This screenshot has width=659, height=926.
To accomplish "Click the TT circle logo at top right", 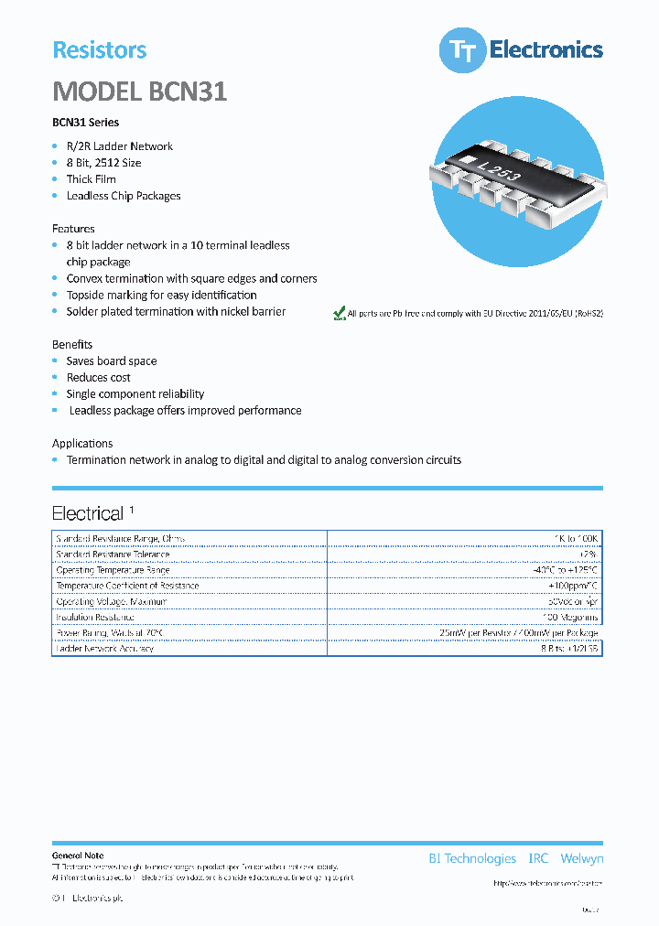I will point(462,50).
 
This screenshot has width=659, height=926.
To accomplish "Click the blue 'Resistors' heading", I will point(100,50).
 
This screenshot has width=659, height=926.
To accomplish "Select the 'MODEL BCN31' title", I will point(139,92).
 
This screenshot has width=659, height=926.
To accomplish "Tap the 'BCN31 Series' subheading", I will point(85,123).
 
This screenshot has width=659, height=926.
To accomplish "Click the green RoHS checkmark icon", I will point(339,313).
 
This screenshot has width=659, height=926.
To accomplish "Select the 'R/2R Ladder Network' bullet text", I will point(119,146).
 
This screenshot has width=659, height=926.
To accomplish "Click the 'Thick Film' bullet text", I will point(91,179).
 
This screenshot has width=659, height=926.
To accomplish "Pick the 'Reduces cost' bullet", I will point(98,378).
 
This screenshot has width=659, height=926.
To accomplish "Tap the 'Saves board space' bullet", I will point(111,361).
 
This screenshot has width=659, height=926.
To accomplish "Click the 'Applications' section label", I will point(82,444).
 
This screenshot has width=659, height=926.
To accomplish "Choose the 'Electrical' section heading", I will point(87,513).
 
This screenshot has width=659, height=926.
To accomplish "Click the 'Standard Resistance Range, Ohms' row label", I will point(120,539).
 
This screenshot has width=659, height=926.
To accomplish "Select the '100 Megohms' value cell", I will point(568,618).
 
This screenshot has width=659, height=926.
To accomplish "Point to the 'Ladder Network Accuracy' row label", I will point(104,649).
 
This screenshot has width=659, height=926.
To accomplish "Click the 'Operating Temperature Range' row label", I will point(113,570).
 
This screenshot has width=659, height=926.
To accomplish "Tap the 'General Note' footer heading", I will point(78,856).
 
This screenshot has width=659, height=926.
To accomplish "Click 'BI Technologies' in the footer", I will point(472,858).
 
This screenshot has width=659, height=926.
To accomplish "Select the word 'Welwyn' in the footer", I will point(581,858).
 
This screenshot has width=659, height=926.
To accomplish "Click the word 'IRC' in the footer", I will point(538,858).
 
